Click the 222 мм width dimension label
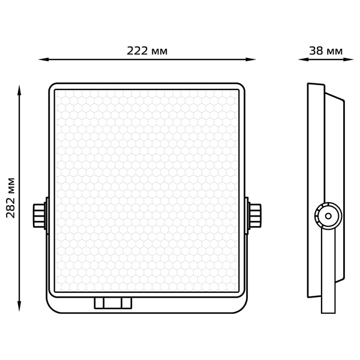[147, 51]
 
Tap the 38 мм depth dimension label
[326, 51]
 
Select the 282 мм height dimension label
[11, 197]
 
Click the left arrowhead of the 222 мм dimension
[44, 59]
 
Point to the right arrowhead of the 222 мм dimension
[251, 59]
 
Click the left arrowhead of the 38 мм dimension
[303, 59]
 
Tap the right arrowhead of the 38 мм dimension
[349, 59]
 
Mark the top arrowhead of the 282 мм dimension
[20, 90]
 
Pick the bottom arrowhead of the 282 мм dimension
[20, 306]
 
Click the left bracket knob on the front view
[40, 215]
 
